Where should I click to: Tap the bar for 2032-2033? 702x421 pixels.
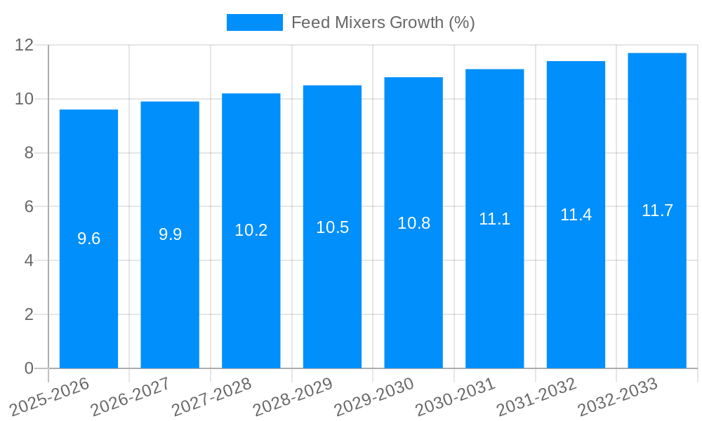(x=657, y=281)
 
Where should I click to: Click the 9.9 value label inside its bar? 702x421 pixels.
(x=170, y=234)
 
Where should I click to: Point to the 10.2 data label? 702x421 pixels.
(x=251, y=230)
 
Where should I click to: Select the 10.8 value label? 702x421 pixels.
(x=413, y=223)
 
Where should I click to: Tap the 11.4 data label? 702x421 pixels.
(x=576, y=215)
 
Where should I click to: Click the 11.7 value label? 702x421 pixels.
(x=657, y=210)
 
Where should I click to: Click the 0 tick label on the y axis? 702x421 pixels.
(x=29, y=368)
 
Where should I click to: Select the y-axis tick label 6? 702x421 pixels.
(x=29, y=207)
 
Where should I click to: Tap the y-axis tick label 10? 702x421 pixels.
(x=25, y=99)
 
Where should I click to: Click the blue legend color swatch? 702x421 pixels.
(x=254, y=22)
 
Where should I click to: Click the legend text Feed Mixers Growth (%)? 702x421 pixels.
(x=383, y=22)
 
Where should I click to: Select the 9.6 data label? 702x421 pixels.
(x=88, y=239)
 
